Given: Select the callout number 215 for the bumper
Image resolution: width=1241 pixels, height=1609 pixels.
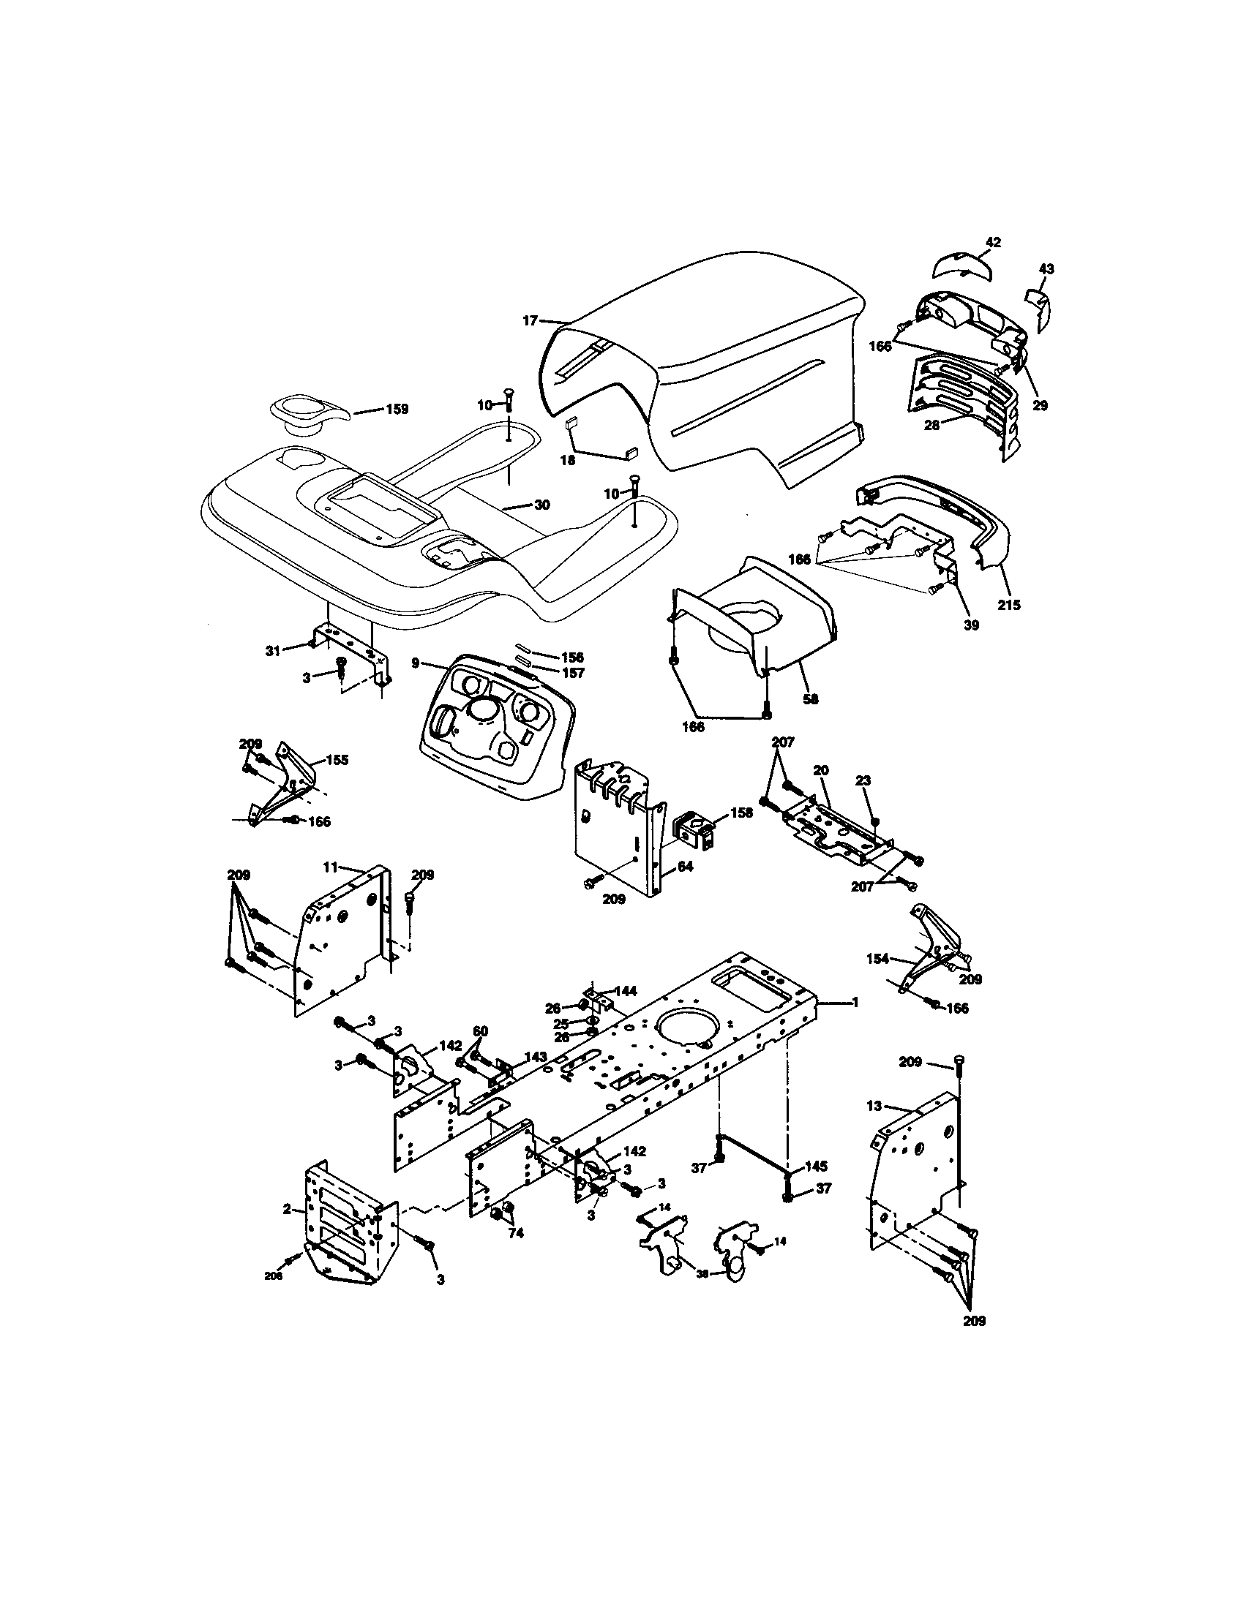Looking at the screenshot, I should click(1010, 605).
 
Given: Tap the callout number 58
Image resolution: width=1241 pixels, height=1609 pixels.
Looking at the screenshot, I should click(811, 699).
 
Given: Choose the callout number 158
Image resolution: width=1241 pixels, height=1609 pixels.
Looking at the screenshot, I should click(742, 813).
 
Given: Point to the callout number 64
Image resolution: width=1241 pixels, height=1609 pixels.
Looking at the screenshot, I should click(685, 867).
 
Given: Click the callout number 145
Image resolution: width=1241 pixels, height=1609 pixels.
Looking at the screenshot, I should click(816, 1167).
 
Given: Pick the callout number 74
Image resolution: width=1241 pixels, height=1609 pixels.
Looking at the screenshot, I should click(516, 1232).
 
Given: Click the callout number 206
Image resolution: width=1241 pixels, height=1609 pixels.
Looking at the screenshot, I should click(274, 1276).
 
